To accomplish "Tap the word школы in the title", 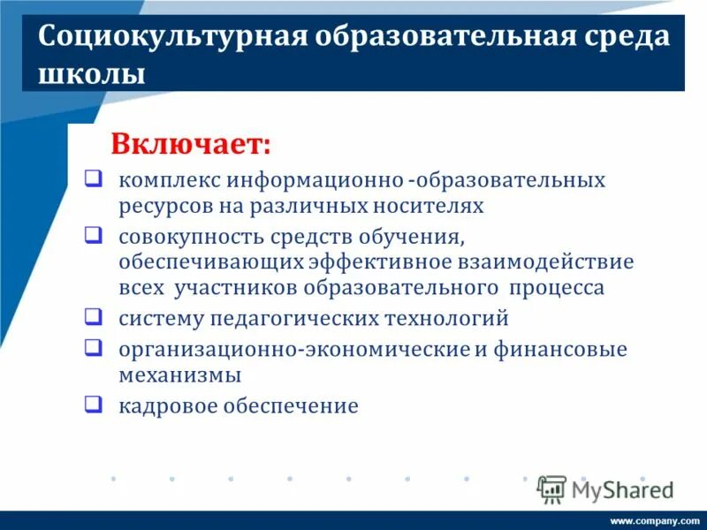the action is [92, 73].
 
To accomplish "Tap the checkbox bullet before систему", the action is [92, 315].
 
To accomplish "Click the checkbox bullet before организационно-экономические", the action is [92, 346].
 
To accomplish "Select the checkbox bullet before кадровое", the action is [92, 405].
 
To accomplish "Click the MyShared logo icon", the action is [551, 488].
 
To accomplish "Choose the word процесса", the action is [557, 288].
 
